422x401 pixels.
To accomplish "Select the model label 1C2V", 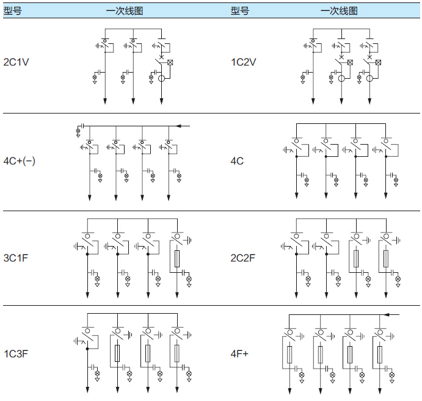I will click(244, 62).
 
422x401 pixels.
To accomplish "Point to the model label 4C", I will click(238, 162).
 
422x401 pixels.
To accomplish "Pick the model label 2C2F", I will click(244, 258).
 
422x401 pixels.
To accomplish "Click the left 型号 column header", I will click(12, 11).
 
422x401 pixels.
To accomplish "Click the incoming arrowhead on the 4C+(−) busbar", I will click(179, 126).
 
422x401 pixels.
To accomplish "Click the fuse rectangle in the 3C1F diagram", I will click(176, 258).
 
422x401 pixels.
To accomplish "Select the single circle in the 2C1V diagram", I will click(162, 78).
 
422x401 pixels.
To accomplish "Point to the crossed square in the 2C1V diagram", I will click(170, 62).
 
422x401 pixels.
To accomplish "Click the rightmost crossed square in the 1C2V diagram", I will click(378, 62).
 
